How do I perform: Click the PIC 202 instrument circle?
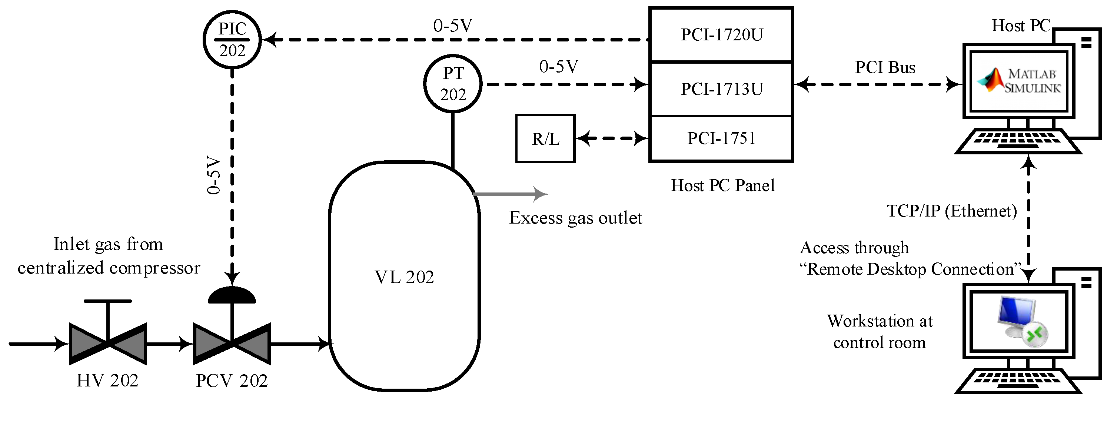pyautogui.click(x=232, y=40)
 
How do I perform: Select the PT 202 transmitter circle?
pyautogui.click(x=453, y=84)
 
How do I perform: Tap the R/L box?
pyautogui.click(x=545, y=139)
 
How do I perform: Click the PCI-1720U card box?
pyautogui.click(x=721, y=35)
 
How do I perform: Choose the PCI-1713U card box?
pyautogui.click(x=721, y=89)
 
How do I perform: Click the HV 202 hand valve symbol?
pyautogui.click(x=107, y=343)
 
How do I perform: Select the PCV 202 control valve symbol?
pyautogui.click(x=232, y=343)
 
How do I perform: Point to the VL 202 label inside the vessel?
pyautogui.click(x=404, y=277)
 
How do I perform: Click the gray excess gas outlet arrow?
pyautogui.click(x=512, y=194)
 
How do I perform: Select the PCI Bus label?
pyautogui.click(x=885, y=68)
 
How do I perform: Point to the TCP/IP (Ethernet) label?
pyautogui.click(x=952, y=211)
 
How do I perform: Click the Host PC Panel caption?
pyautogui.click(x=722, y=185)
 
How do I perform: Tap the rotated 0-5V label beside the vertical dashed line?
pyautogui.click(x=214, y=175)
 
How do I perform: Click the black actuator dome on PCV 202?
pyautogui.click(x=232, y=295)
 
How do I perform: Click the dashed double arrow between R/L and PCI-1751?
pyautogui.click(x=612, y=139)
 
